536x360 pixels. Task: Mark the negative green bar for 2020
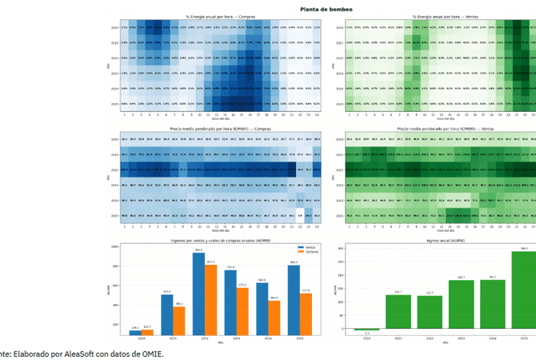pyautogui.click(x=366, y=329)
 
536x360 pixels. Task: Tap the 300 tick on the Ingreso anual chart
pyautogui.click(x=342, y=248)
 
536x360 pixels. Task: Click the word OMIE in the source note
pyautogui.click(x=150, y=353)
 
